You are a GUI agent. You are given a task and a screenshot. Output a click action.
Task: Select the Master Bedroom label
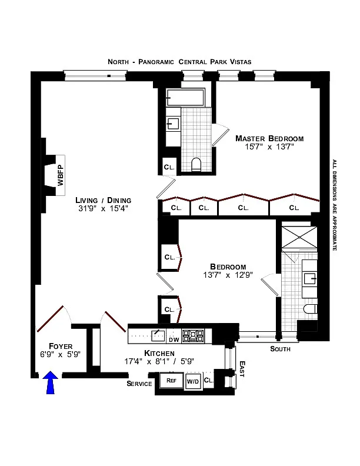[x=269, y=139]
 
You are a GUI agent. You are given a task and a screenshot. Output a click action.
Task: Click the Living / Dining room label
[x=103, y=199]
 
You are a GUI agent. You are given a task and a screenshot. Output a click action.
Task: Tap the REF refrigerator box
[x=171, y=381]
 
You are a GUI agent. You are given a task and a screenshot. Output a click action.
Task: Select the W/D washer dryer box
[x=193, y=381]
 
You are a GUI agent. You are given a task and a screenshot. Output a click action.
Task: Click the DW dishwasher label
[x=174, y=339]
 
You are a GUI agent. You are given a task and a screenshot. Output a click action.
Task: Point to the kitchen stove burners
[x=192, y=336]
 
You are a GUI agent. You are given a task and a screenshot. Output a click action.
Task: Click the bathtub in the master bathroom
[x=185, y=97]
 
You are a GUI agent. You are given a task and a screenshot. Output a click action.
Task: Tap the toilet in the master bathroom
[x=197, y=164]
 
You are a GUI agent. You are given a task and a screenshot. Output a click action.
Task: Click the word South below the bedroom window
[x=281, y=349]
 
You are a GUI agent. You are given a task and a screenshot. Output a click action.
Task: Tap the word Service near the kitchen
[x=139, y=384]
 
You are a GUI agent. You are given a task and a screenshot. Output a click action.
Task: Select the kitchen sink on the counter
[x=157, y=335]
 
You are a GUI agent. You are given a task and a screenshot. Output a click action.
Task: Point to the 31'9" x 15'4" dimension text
[x=103, y=208]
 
